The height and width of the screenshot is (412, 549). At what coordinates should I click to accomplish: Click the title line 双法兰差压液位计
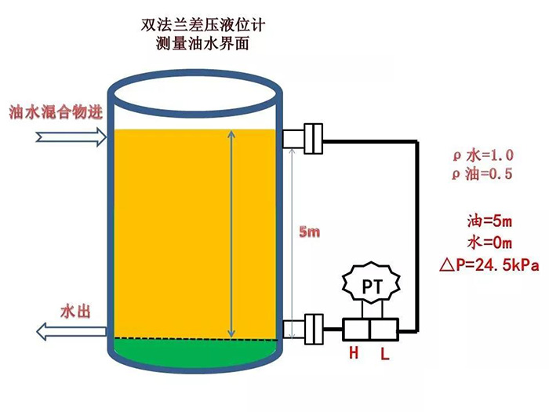tap(203, 25)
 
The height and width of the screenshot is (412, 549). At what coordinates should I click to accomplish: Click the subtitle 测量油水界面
tap(203, 44)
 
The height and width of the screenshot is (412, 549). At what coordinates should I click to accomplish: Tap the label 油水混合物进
tap(56, 111)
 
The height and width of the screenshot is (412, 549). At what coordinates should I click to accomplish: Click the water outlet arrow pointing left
tap(71, 332)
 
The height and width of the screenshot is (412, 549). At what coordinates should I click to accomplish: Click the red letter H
tap(354, 353)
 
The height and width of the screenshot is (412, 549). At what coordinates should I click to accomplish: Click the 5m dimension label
tap(311, 232)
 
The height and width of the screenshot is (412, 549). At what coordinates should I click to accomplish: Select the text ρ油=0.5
tap(482, 174)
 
